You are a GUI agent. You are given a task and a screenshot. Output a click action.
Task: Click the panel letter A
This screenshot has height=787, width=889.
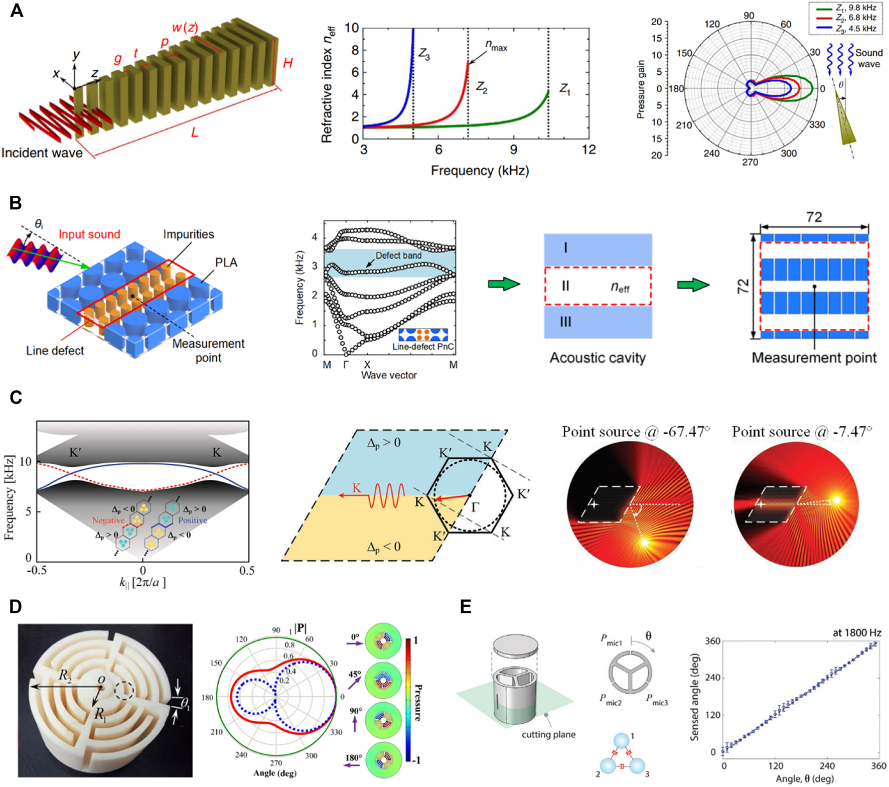point(17,11)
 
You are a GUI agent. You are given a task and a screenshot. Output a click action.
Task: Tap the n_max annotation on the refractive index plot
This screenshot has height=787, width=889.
point(496,46)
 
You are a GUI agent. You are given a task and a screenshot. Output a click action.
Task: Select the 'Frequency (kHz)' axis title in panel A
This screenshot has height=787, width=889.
point(480,171)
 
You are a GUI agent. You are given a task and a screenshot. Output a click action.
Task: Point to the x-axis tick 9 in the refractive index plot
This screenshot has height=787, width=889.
point(513,150)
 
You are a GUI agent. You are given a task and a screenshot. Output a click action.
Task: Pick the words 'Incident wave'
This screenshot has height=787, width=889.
point(42,153)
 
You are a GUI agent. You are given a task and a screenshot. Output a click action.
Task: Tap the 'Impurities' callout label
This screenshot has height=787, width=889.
point(188,234)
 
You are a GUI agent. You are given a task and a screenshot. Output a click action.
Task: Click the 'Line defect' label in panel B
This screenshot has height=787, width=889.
point(55,351)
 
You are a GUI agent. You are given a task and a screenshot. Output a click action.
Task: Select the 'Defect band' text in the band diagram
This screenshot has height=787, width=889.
point(398,255)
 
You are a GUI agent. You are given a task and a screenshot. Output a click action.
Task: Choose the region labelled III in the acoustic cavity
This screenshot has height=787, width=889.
point(565,322)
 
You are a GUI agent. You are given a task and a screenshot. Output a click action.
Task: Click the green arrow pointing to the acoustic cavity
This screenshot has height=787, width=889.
point(503,285)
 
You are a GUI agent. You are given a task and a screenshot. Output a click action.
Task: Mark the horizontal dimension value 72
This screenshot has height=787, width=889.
point(814,217)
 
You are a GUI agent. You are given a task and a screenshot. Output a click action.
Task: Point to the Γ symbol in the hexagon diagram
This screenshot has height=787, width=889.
point(475,507)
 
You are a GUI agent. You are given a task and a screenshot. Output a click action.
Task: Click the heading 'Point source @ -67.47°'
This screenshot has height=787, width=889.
point(636,432)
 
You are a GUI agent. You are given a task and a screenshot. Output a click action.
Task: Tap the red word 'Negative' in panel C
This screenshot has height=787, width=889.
point(108,520)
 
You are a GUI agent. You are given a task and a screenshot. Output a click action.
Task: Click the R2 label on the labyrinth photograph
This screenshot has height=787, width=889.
point(65,676)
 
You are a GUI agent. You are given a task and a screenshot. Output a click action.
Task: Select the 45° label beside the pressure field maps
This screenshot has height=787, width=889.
point(355,675)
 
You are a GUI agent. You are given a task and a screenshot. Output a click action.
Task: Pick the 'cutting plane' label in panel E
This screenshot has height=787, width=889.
point(548,735)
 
